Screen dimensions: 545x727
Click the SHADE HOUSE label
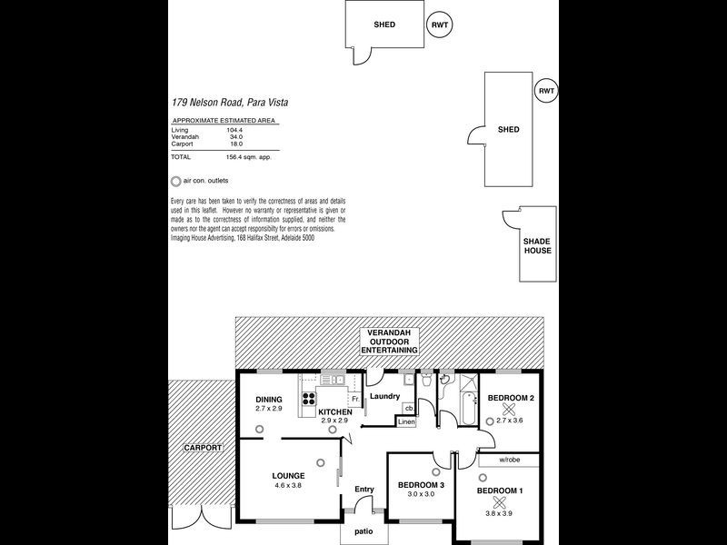click(x=535, y=245)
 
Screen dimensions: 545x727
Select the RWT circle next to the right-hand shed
click(x=545, y=92)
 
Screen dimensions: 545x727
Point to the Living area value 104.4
click(x=235, y=130)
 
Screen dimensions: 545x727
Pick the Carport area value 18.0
click(x=235, y=144)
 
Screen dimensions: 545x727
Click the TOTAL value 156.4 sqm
click(x=247, y=156)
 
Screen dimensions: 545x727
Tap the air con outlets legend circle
click(x=175, y=181)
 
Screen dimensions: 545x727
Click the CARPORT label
click(x=202, y=448)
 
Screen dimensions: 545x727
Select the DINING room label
click(x=268, y=400)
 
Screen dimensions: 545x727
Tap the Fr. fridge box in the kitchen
click(x=355, y=399)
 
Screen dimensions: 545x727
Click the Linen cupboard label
click(x=406, y=422)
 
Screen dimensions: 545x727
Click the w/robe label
click(x=510, y=461)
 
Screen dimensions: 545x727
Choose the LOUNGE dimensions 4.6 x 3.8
click(x=287, y=486)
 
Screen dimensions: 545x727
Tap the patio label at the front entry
click(x=363, y=530)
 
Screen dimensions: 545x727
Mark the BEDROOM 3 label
click(x=421, y=485)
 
